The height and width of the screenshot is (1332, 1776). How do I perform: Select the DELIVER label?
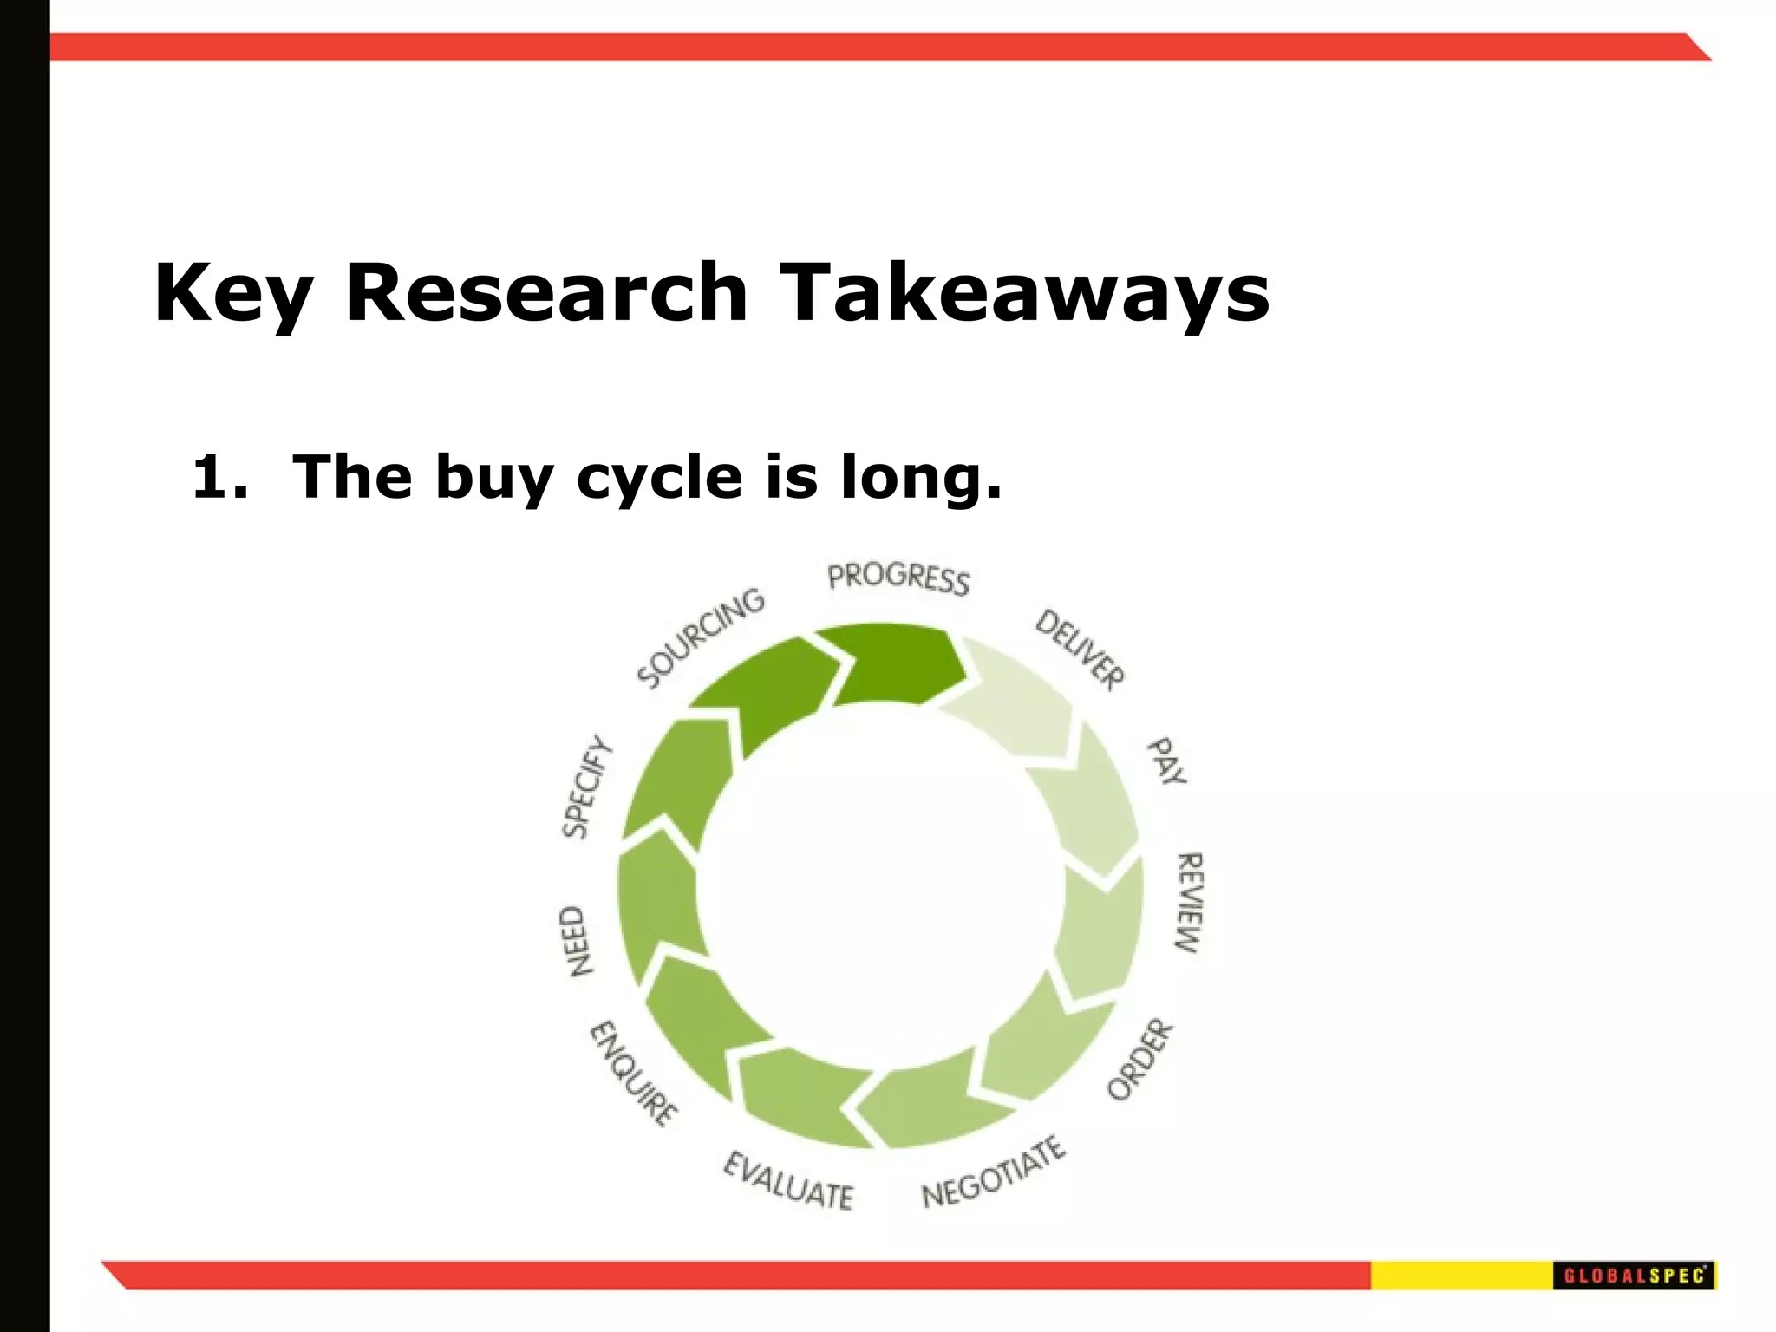point(1080,650)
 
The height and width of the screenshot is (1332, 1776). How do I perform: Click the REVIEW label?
point(1189,902)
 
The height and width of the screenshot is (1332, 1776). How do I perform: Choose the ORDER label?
point(1140,1060)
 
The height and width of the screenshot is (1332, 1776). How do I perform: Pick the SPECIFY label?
point(588,787)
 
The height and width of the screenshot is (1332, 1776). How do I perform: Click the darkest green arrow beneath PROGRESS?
point(893,664)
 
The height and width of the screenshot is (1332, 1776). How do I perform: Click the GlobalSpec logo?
point(1634,1276)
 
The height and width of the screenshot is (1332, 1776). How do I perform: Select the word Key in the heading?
point(232,293)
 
